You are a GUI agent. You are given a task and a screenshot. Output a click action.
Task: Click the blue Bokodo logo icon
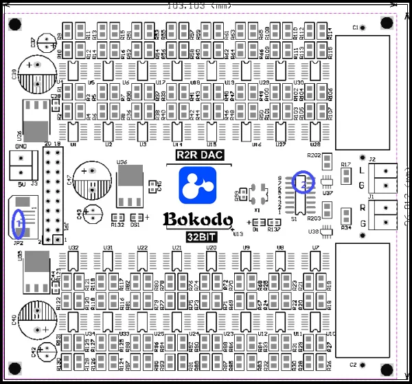coord(197,185)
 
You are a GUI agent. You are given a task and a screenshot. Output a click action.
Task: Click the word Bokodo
coord(198,220)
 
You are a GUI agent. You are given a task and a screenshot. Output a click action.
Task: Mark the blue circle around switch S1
coord(303,181)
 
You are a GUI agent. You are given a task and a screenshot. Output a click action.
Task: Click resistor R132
coord(117,217)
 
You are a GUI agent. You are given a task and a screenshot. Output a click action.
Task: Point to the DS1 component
coord(135,217)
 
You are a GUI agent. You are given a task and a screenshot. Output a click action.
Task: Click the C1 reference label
coord(355,27)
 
